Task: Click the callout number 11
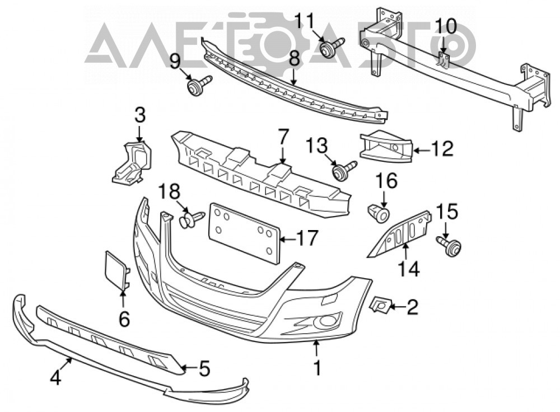coord(307,21)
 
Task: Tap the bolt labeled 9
coord(199,86)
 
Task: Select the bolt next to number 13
coord(344,171)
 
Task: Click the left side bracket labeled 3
coord(132,163)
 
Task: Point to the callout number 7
coord(282,138)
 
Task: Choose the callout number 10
coord(445,26)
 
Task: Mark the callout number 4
coord(55,378)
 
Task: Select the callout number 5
coord(204,368)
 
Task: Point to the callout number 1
coord(317,368)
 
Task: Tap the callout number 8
coord(295,59)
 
